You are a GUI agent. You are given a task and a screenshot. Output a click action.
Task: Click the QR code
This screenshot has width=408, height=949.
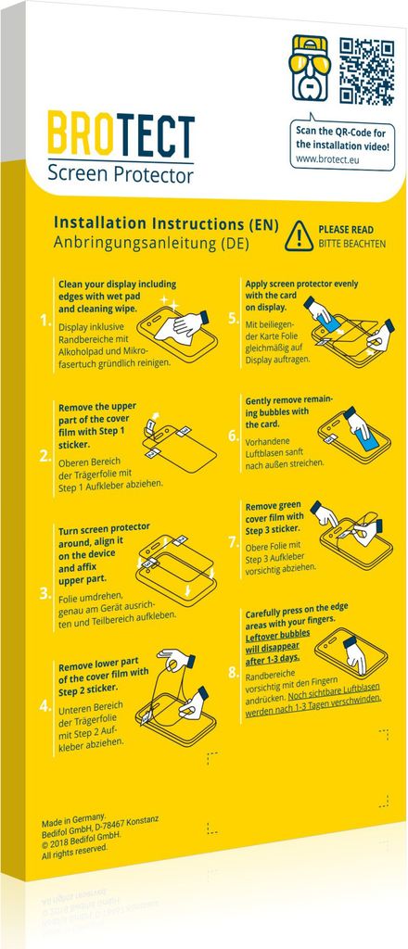[367, 71]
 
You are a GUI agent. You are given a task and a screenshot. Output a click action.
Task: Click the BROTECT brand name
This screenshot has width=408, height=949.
[121, 133]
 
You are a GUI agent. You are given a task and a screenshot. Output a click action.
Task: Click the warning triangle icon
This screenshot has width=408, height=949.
[299, 236]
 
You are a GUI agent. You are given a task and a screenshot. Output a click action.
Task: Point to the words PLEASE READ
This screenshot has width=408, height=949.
[346, 231]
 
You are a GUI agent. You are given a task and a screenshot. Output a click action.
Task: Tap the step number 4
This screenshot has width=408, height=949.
[45, 704]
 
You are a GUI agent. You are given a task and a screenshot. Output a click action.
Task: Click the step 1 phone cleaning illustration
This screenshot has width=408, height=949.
[177, 329]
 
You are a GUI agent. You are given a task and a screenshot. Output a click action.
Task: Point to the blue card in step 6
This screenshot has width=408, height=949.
[365, 438]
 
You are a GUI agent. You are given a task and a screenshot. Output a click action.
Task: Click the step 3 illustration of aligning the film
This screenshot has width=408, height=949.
[176, 568]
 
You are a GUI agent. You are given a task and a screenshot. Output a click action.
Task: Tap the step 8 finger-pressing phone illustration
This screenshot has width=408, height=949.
[351, 652]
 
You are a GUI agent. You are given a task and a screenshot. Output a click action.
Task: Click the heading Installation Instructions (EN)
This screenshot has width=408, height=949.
[166, 223]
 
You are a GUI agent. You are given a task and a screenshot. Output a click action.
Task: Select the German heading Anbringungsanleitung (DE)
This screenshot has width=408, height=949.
[151, 243]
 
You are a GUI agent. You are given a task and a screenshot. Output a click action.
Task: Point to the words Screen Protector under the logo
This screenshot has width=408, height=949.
[121, 175]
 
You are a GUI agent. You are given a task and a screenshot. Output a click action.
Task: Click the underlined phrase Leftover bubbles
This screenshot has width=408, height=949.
[277, 634]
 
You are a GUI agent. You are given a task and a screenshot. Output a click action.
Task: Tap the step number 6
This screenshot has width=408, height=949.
[234, 436]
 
